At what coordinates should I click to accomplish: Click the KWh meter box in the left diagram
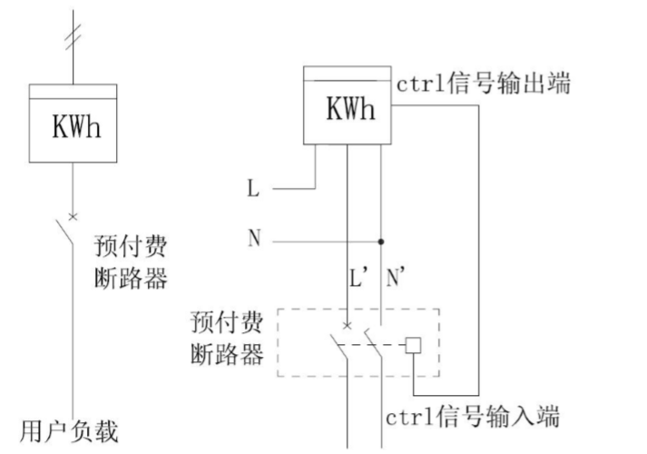73,124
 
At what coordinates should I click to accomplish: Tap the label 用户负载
70,429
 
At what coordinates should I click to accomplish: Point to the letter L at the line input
253,190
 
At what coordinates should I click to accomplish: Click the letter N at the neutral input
253,241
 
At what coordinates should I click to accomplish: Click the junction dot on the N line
380,242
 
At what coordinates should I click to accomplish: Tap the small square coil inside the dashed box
413,345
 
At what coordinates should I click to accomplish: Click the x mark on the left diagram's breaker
73,216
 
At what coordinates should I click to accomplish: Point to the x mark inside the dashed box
347,325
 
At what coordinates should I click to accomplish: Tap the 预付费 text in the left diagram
132,247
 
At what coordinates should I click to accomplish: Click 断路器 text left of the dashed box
227,352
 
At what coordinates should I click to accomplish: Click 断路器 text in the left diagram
132,278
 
